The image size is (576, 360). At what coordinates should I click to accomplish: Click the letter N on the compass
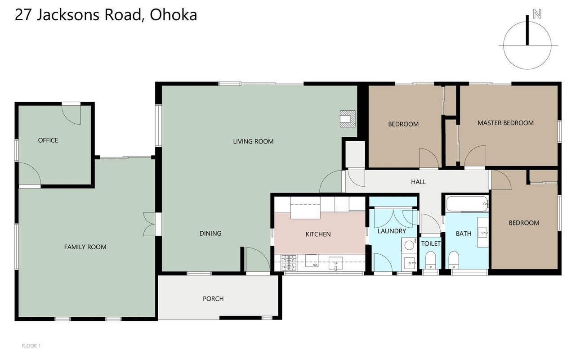(x=537, y=13)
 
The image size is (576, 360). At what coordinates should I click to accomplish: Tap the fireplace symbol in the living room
(x=348, y=119)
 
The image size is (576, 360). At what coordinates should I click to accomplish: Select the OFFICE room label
(x=48, y=140)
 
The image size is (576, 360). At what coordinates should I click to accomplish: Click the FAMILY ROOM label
(x=85, y=247)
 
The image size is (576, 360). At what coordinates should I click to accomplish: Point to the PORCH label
(x=213, y=299)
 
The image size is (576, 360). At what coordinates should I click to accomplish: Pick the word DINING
(x=210, y=234)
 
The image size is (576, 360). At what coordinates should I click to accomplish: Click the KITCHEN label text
(x=318, y=234)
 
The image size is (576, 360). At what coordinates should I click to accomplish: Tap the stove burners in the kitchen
(x=289, y=263)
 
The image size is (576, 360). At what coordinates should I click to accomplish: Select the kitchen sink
(x=336, y=264)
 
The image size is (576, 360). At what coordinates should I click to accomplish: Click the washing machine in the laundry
(x=409, y=245)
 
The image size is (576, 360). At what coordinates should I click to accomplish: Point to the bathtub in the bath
(x=468, y=204)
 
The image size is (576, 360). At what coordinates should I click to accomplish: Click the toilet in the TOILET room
(x=430, y=260)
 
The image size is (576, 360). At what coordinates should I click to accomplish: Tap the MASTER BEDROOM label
(x=505, y=123)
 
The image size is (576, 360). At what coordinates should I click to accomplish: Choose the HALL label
(x=418, y=182)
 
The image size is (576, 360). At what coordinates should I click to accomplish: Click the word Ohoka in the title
(x=173, y=15)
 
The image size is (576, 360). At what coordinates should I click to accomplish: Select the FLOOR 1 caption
(x=31, y=346)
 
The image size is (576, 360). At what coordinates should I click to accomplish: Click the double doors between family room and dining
(x=150, y=224)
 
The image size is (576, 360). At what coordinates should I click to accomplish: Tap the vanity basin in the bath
(x=483, y=232)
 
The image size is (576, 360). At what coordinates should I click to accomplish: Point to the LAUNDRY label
(x=392, y=231)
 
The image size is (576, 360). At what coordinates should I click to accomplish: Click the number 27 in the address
(x=23, y=15)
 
